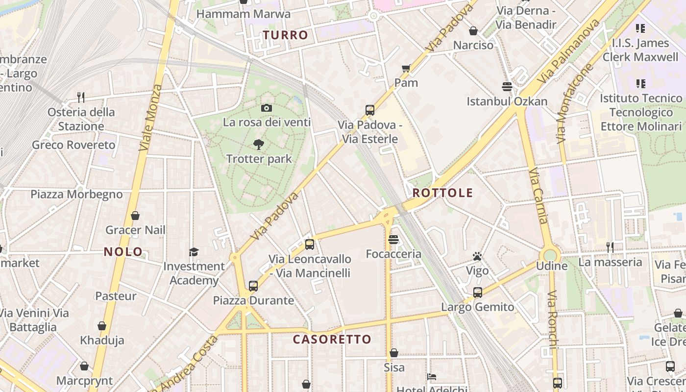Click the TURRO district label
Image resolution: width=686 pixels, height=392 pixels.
tap(285, 35)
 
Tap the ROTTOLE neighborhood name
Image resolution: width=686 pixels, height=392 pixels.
tap(442, 193)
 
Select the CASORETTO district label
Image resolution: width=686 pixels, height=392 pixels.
tap(332, 339)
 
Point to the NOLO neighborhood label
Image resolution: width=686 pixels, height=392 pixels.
tap(123, 252)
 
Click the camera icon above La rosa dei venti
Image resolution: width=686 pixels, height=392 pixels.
tap(267, 108)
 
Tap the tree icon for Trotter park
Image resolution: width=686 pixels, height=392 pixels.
tap(259, 144)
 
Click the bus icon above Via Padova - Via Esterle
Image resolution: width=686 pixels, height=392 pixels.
tap(370, 110)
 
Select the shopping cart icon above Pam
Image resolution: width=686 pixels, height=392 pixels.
tap(406, 68)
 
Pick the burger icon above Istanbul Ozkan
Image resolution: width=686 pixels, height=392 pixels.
tap(507, 87)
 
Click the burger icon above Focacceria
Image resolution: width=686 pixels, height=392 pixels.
tap(393, 240)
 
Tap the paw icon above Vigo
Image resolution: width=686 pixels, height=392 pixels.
tap(477, 256)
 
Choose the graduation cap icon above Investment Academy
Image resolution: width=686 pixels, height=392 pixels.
tap(194, 252)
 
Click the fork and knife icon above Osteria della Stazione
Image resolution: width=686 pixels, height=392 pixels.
tap(81, 98)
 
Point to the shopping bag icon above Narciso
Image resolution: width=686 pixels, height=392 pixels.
tap(473, 31)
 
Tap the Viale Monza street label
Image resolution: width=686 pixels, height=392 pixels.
tap(150, 118)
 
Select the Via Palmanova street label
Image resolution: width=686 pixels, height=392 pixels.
tap(568, 51)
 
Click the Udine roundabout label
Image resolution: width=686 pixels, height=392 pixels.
tap(552, 266)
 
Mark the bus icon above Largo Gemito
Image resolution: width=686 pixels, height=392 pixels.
tap(478, 293)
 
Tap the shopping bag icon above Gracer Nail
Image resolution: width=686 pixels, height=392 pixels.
tap(135, 216)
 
